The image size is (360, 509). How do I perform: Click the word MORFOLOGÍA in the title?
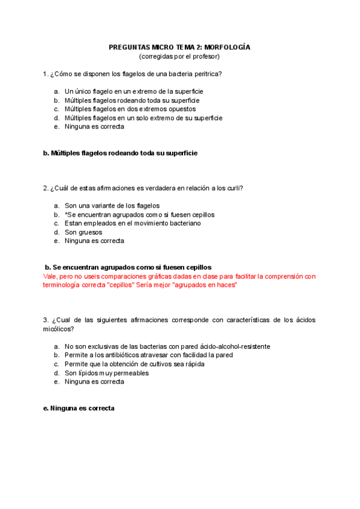(x=227, y=47)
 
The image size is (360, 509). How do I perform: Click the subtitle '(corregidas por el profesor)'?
(x=179, y=56)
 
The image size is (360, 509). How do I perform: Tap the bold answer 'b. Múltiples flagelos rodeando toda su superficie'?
(x=120, y=153)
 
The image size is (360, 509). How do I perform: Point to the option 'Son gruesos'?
(x=83, y=232)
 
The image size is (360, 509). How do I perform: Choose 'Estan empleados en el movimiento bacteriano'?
(x=133, y=223)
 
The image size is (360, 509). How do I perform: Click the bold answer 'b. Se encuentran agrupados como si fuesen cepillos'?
(x=128, y=267)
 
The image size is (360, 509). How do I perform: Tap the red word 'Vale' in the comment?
(x=50, y=276)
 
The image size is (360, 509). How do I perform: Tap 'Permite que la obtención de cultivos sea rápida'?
(x=134, y=364)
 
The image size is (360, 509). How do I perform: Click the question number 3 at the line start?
(x=46, y=320)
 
